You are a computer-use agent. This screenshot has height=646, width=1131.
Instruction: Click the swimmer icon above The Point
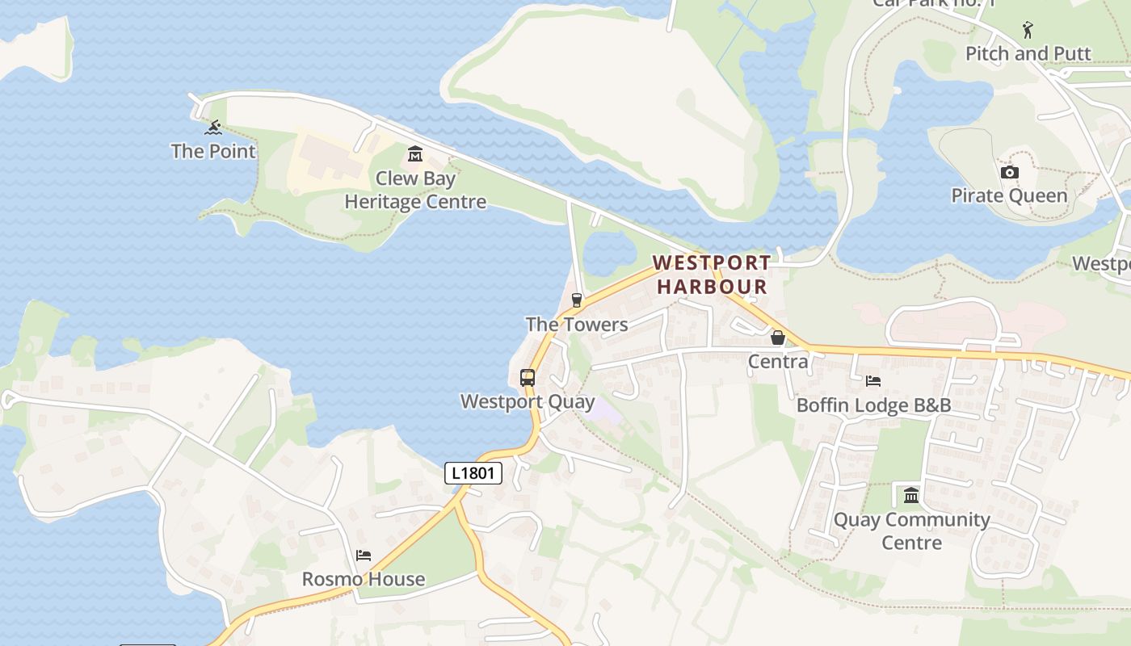point(213,128)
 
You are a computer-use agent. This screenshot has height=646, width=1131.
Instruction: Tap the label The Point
point(213,151)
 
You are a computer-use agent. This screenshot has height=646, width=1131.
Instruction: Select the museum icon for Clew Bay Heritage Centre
point(415,153)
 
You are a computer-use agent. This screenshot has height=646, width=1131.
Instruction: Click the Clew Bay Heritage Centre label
point(415,190)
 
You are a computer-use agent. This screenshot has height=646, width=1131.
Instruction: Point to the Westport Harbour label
point(712,275)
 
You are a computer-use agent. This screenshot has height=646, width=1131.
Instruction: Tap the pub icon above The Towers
point(576,300)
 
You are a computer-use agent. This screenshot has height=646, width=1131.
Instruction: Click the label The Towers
point(576,325)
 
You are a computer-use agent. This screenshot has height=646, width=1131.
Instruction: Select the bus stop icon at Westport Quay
point(528,377)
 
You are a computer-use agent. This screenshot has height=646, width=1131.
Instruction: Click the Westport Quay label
point(528,401)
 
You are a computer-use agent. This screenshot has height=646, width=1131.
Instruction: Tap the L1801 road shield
point(473,473)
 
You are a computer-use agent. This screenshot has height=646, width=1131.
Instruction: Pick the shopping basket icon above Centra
point(778,338)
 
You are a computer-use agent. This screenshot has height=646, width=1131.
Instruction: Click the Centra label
point(778,361)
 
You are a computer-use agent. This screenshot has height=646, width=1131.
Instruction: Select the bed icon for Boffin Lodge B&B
point(873,381)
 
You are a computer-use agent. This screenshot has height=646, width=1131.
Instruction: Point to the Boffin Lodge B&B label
point(873,405)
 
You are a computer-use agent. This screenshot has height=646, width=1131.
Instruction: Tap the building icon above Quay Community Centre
point(911,495)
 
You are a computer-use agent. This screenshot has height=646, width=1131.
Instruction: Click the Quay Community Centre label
point(911,531)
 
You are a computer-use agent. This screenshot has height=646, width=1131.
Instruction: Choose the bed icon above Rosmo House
point(364,556)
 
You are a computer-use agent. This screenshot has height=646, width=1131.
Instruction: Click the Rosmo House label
point(364,579)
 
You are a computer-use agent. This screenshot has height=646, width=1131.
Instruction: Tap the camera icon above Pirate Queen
point(1009,172)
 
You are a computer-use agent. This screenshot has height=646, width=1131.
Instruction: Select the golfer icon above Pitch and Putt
point(1028,30)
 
